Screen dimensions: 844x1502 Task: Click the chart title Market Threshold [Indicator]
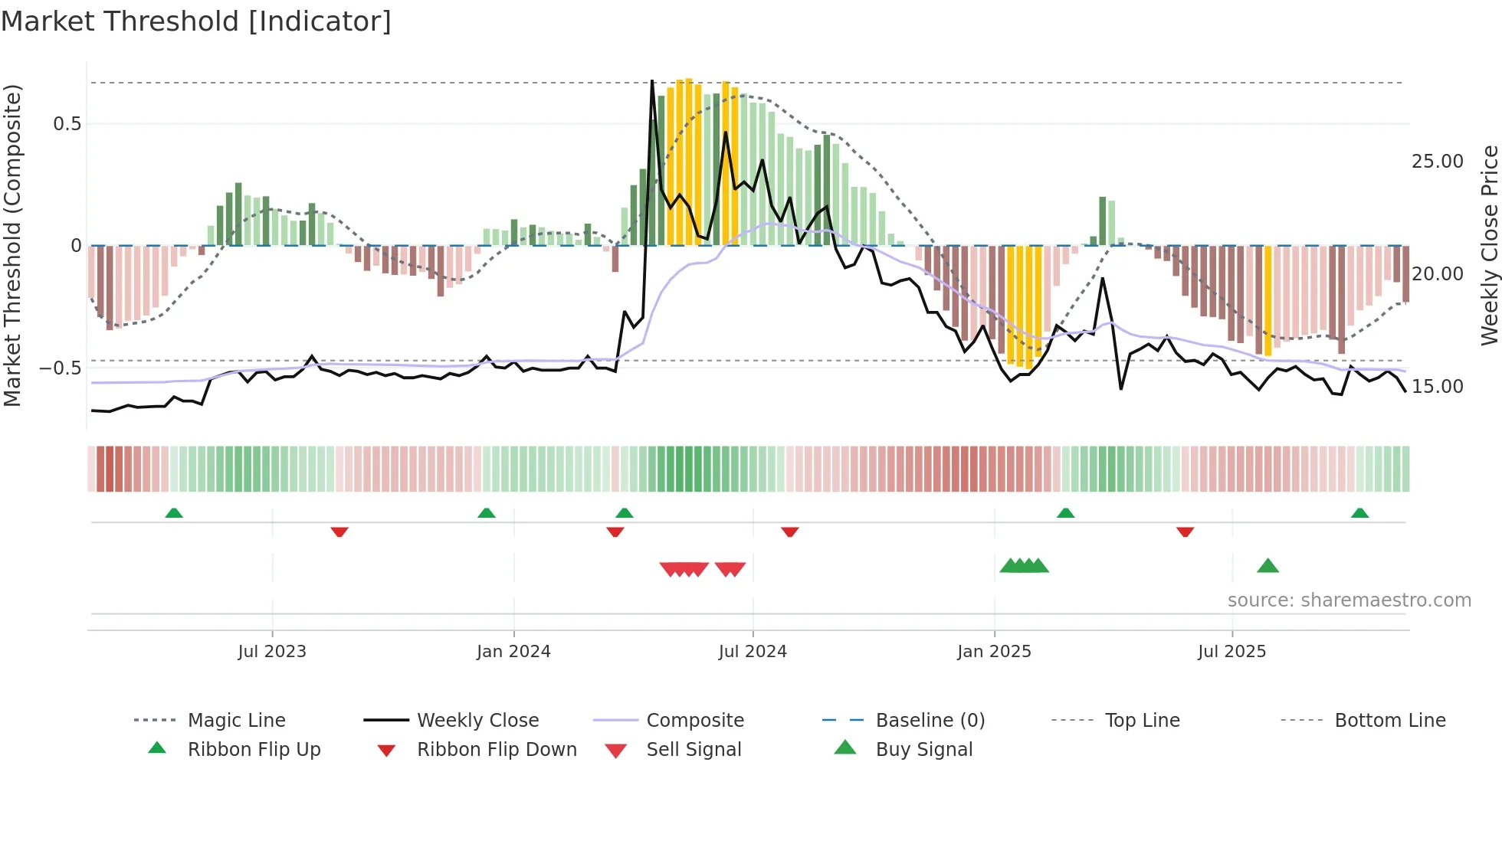point(196,21)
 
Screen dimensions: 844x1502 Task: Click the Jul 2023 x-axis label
point(272,652)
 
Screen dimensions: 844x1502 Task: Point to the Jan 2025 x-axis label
point(994,652)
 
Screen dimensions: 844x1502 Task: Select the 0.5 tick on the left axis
point(67,124)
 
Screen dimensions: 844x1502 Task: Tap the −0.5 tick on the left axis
point(61,368)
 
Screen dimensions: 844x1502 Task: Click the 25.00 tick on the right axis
point(1437,162)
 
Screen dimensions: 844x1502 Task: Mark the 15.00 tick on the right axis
point(1437,387)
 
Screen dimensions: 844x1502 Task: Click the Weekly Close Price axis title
point(1489,245)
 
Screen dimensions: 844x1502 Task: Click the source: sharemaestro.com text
point(1349,600)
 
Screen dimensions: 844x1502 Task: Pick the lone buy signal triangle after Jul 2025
point(1268,566)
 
